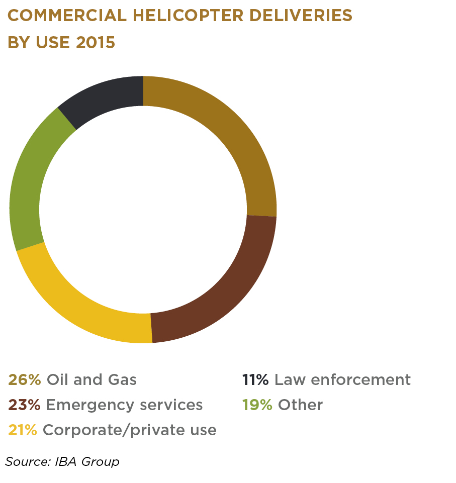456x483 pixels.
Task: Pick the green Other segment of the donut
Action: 30,176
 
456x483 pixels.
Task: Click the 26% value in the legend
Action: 25,379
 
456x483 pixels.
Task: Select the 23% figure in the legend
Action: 25,405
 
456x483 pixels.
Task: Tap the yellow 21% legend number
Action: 23,430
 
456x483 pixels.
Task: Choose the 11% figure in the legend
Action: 255,379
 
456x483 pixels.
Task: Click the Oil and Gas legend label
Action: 92,379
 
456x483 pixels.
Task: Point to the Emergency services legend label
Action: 124,405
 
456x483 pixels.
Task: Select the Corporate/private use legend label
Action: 130,430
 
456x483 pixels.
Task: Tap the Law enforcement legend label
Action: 343,379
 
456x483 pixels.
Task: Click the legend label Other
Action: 300,405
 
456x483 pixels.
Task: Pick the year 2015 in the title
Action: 96,42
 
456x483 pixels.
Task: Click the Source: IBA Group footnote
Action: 62,461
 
